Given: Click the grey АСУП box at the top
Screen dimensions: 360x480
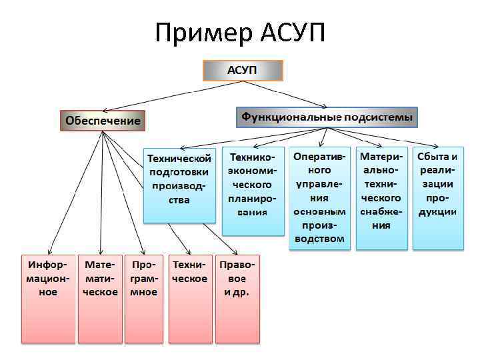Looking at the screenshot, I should pyautogui.click(x=243, y=71).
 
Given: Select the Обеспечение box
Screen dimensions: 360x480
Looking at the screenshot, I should pyautogui.click(x=103, y=121).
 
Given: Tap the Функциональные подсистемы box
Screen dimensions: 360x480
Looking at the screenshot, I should pyautogui.click(x=327, y=117).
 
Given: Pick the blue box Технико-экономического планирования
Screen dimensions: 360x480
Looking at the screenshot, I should pyautogui.click(x=252, y=191).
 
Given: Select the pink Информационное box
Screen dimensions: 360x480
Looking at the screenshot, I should pyautogui.click(x=47, y=297).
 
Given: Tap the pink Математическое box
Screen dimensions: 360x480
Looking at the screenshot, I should pyautogui.click(x=100, y=297).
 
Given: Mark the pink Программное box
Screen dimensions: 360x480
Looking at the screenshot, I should pyautogui.click(x=144, y=297).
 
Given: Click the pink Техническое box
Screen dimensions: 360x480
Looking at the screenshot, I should pyautogui.click(x=190, y=297).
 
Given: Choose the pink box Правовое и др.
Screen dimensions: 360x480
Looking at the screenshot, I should pyautogui.click(x=237, y=297).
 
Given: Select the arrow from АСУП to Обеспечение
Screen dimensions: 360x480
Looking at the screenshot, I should pyautogui.click(x=153, y=95).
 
